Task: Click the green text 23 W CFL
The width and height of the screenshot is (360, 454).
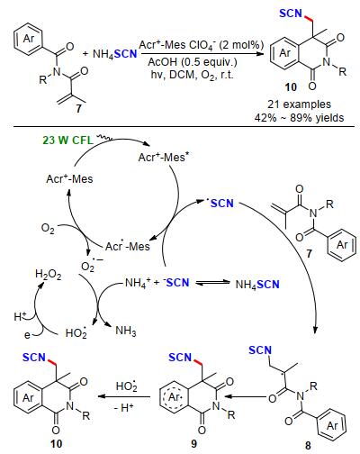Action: coord(67,141)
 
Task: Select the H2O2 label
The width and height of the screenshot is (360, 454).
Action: coord(49,274)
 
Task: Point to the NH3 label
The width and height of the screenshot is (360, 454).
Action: coord(126,331)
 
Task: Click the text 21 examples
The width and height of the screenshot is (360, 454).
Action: coord(299,104)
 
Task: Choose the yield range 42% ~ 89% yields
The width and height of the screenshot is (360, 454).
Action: coord(299,117)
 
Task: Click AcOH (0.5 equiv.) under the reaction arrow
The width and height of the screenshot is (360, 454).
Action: coord(193,62)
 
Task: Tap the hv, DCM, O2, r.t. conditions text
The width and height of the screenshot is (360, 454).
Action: coord(192,75)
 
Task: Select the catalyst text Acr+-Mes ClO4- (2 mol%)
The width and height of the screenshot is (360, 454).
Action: coord(202,45)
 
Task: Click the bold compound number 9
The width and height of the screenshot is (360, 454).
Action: coord(194,443)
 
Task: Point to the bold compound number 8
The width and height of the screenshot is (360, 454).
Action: coord(308,445)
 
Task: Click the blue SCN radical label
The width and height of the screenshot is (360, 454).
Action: coord(220,204)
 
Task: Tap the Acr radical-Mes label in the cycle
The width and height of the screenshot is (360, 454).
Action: coord(127,246)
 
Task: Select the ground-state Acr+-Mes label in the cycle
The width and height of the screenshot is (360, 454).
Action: coord(69,179)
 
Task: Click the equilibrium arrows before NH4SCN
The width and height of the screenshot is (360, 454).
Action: coord(212,283)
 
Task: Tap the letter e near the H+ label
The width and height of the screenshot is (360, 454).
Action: coord(27,334)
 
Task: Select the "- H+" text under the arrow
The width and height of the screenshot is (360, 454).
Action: coord(124,408)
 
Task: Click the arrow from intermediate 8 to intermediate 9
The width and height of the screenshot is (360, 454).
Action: coord(246,396)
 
